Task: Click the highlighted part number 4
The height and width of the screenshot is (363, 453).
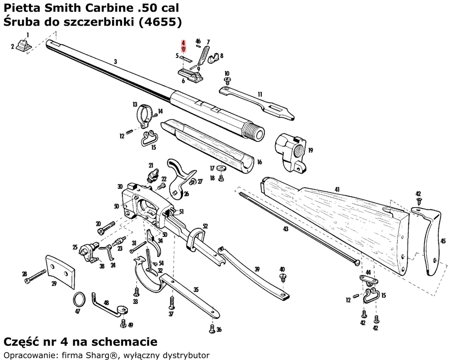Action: pyautogui.click(x=183, y=43)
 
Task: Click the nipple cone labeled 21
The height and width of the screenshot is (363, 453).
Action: pyautogui.click(x=153, y=175)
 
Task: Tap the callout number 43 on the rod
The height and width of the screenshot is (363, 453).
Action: pyautogui.click(x=285, y=229)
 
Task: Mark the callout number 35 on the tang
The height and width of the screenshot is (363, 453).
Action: pyautogui.click(x=196, y=290)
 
